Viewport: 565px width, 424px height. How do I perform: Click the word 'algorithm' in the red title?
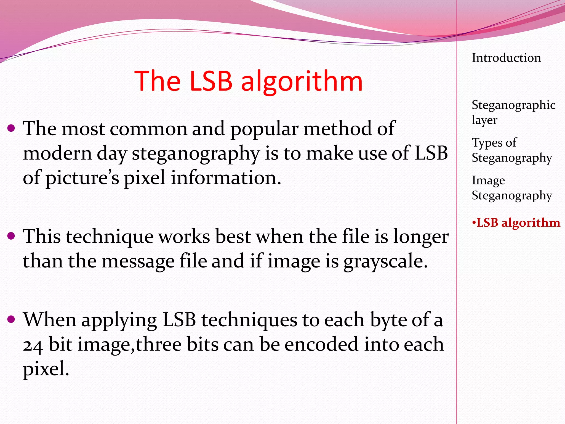pos(302,81)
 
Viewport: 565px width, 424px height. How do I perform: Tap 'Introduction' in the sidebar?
pos(506,58)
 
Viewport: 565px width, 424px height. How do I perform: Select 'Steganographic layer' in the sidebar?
pos(513,112)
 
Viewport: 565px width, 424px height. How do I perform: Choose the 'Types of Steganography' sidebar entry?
pos(512,150)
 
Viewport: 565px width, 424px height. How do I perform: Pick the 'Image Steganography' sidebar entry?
pos(512,188)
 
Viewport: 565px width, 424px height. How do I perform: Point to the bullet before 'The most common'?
pos(11,128)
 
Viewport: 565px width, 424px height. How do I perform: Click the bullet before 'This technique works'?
pos(11,236)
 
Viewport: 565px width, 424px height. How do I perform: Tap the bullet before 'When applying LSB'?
pos(11,319)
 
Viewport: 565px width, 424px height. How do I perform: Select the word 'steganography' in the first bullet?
pos(196,153)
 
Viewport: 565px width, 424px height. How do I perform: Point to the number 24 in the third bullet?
pos(33,345)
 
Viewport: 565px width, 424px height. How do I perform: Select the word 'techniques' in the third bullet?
pos(249,320)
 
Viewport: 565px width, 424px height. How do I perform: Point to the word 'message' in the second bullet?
pos(138,261)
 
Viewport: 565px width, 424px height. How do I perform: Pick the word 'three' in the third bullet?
pos(158,344)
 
